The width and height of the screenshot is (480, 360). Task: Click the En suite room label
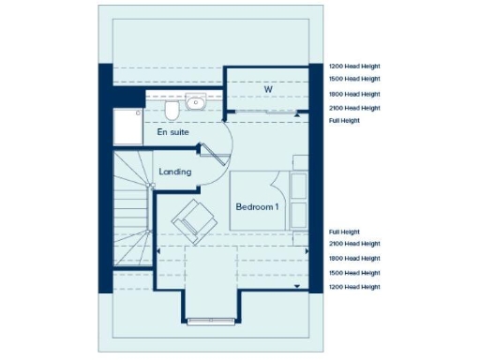pyautogui.click(x=172, y=133)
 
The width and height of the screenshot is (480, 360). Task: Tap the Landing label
pyautogui.click(x=175, y=172)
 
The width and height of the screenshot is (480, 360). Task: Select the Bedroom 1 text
pyautogui.click(x=257, y=206)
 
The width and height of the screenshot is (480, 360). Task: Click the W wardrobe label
pyautogui.click(x=267, y=90)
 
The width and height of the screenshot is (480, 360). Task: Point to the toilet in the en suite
pyautogui.click(x=172, y=111)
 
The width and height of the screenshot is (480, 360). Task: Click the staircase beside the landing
pyautogui.click(x=131, y=211)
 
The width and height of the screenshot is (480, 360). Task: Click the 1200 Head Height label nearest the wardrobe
pyautogui.click(x=354, y=67)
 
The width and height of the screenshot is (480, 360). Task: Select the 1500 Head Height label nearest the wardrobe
pyautogui.click(x=354, y=79)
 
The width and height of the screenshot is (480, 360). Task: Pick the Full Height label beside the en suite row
pyautogui.click(x=345, y=122)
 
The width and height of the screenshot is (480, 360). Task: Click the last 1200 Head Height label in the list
pyautogui.click(x=354, y=286)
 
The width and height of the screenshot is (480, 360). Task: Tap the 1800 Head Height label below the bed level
pyautogui.click(x=354, y=258)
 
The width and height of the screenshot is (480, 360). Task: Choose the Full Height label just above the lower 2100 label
pyautogui.click(x=345, y=232)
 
